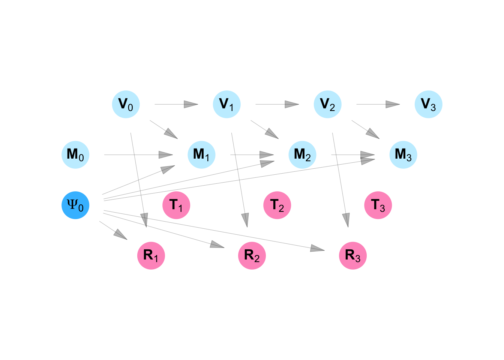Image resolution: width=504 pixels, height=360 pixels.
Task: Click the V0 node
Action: [126, 104]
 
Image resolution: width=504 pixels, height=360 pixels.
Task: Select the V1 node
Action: [227, 104]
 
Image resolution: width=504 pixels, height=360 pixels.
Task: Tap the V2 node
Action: [328, 104]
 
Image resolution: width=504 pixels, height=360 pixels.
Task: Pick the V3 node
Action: [429, 104]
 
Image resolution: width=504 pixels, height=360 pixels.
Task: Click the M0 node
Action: [75, 155]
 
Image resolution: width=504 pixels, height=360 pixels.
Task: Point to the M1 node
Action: [202, 155]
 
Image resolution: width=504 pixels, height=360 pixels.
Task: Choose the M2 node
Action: [303, 155]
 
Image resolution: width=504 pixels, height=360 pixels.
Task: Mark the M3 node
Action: [403, 155]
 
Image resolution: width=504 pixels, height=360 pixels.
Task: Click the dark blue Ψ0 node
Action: [75, 205]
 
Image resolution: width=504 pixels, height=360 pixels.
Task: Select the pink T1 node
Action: [176, 205]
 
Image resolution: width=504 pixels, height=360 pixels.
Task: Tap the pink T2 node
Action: [277, 205]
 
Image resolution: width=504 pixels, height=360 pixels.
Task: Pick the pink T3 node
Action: [378, 205]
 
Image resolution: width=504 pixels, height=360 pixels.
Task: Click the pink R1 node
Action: [151, 256]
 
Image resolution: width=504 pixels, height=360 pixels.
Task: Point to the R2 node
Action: [252, 256]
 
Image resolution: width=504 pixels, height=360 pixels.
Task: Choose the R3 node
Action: [353, 256]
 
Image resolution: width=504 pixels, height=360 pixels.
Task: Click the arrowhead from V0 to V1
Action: [191, 104]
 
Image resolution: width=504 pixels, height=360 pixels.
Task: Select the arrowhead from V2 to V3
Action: [393, 104]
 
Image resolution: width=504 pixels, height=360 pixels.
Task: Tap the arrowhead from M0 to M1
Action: [166, 155]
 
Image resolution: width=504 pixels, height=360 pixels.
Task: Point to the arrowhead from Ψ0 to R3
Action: [318, 248]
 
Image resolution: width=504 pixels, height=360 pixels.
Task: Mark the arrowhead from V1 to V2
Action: [292, 104]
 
